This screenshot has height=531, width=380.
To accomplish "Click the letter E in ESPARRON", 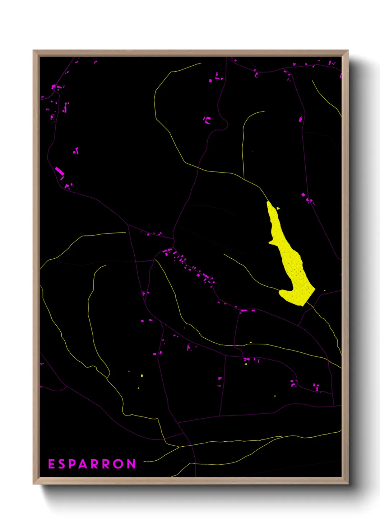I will [x=51, y=464].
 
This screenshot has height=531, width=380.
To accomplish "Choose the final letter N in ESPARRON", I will [x=132, y=464].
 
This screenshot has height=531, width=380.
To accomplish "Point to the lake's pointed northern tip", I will [x=268, y=203].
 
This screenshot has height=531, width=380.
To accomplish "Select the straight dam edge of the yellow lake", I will [x=310, y=297].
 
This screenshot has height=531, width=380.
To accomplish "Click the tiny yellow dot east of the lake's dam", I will [x=325, y=290].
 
